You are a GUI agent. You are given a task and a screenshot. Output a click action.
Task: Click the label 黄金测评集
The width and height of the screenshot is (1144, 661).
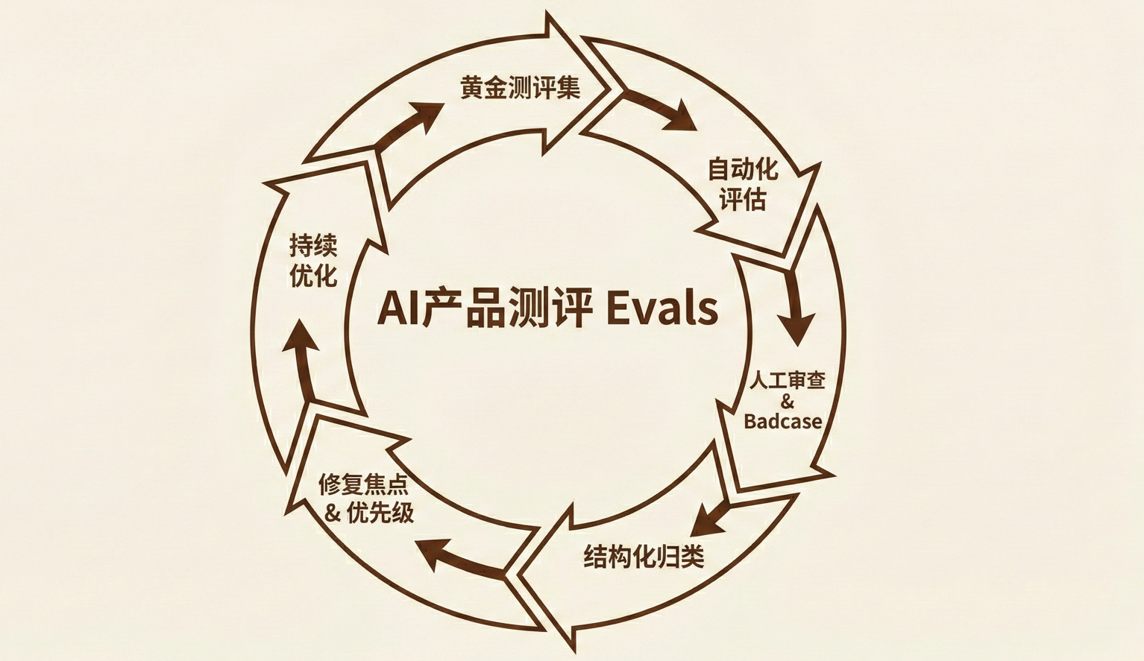pos(520,88)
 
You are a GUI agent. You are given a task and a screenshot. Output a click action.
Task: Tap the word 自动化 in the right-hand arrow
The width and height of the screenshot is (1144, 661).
pos(742,169)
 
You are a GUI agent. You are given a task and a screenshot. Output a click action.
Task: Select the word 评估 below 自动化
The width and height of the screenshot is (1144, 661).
pos(742,200)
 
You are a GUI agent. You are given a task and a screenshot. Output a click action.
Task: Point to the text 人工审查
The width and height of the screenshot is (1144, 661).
pos(787,381)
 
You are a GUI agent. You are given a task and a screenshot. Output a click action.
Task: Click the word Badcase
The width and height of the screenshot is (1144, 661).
pos(783,421)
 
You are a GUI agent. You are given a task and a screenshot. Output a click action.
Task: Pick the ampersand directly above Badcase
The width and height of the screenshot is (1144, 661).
pos(787,402)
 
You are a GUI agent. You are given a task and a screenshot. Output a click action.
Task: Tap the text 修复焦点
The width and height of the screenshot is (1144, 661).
pos(363,484)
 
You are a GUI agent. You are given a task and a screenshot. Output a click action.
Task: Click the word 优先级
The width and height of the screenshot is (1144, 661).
pos(380,513)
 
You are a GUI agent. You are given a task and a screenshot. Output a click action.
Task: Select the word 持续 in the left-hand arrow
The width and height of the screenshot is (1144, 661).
pos(313,245)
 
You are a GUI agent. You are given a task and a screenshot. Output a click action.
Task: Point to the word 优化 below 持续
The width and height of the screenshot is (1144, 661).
pos(313,276)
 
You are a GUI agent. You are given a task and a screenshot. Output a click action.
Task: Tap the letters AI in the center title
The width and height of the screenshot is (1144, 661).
pos(398,309)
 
